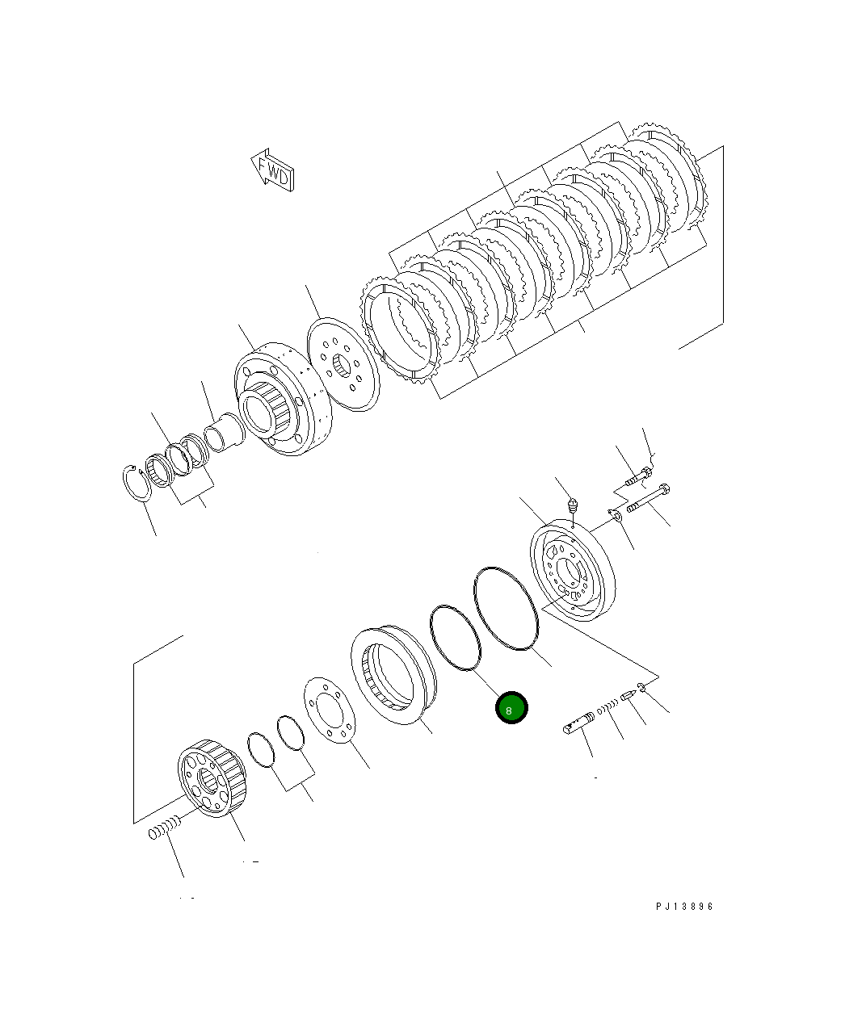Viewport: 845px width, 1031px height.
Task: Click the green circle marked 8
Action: pyautogui.click(x=511, y=708)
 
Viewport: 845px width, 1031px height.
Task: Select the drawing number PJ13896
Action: pyautogui.click(x=684, y=906)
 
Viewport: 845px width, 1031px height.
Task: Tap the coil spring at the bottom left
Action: pyautogui.click(x=163, y=828)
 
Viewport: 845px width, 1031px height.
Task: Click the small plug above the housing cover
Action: pyautogui.click(x=573, y=507)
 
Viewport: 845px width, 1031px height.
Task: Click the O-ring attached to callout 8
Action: pyautogui.click(x=455, y=637)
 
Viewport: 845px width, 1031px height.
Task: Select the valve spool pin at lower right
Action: pyautogui.click(x=579, y=723)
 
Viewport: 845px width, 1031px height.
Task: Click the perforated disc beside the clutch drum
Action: pyautogui.click(x=343, y=365)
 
